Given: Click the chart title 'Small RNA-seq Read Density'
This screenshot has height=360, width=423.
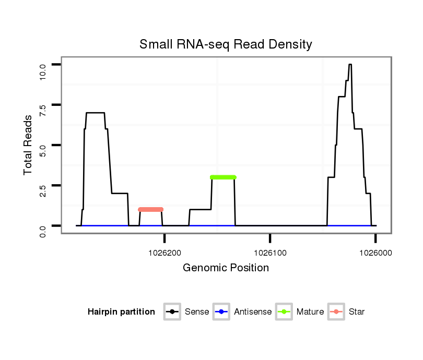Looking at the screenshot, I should [226, 44].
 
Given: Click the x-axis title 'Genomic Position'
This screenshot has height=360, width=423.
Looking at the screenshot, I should [226, 268].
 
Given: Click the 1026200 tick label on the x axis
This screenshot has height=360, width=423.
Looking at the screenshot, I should [164, 252].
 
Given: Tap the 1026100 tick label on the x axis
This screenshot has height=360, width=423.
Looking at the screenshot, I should [270, 252].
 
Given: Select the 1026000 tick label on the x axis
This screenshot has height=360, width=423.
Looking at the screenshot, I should [375, 252].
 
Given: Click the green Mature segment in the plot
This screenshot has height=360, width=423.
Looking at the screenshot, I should [224, 177].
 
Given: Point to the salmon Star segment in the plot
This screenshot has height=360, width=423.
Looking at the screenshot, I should [151, 209].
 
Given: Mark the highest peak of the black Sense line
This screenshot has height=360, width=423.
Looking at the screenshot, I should [350, 65].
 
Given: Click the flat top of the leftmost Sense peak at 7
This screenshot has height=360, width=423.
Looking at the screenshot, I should [96, 113].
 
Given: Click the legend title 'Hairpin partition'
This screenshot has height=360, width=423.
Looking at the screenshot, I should [121, 312].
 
